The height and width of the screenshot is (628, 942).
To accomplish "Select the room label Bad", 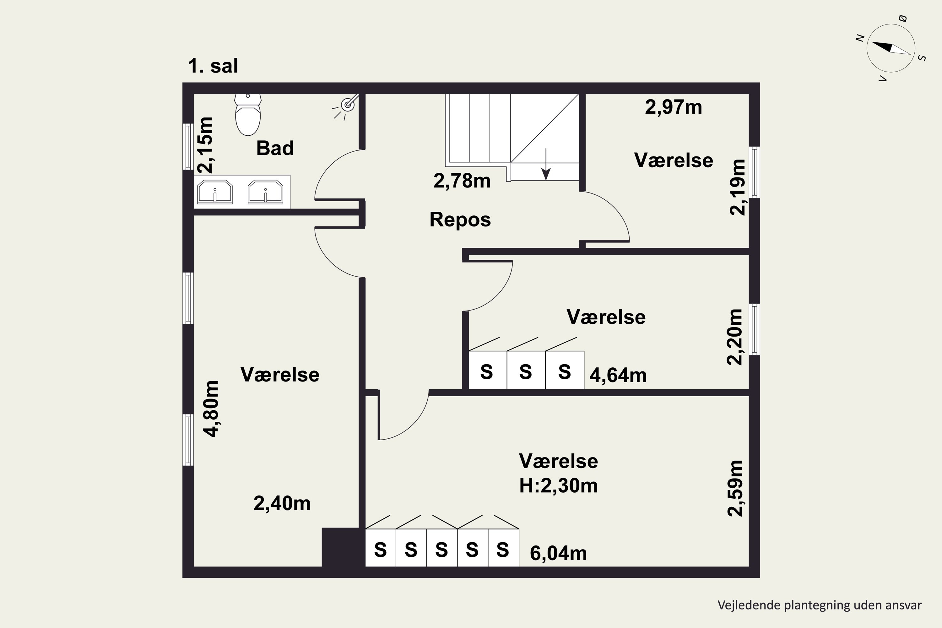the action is (275, 148).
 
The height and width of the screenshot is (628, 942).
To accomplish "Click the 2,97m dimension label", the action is (673, 107).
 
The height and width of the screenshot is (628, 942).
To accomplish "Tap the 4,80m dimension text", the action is (211, 409).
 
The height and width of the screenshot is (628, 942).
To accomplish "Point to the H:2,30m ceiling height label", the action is (558, 486).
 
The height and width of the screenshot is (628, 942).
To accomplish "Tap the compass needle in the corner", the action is (891, 48).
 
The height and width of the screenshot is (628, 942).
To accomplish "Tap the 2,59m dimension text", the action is (735, 488).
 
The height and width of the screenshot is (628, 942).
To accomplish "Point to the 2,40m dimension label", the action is (282, 503).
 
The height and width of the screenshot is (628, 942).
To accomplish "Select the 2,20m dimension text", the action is (734, 337).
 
